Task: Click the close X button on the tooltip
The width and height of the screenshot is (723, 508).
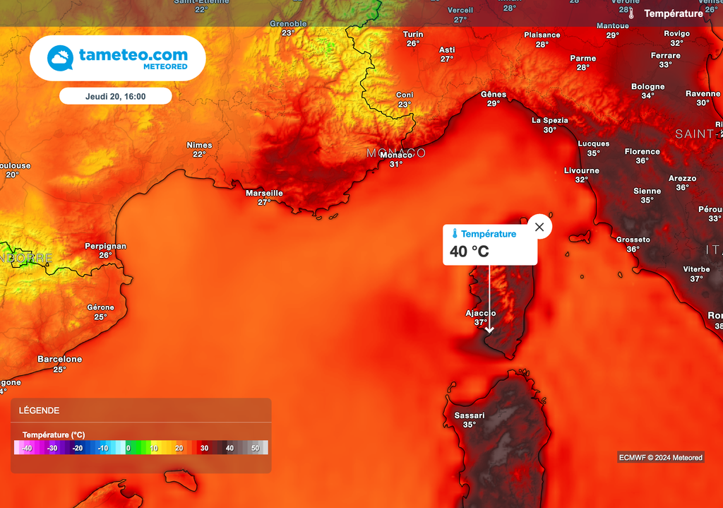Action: tap(539, 227)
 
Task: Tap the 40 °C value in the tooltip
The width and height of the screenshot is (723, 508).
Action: tap(469, 252)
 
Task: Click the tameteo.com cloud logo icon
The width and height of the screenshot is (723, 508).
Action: tap(61, 58)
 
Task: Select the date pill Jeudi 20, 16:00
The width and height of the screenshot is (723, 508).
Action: tap(115, 96)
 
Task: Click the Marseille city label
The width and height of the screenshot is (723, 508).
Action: tap(264, 193)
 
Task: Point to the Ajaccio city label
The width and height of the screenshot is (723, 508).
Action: tap(481, 313)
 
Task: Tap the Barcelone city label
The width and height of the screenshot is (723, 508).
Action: tap(60, 359)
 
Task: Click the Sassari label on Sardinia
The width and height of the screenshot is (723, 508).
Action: tap(470, 415)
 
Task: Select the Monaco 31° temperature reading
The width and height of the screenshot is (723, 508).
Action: tap(396, 164)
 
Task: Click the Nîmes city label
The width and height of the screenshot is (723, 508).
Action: tap(199, 145)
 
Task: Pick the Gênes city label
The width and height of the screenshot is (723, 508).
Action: tap(494, 94)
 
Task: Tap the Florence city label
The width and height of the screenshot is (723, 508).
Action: tap(642, 151)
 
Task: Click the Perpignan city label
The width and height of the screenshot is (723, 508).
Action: tap(105, 246)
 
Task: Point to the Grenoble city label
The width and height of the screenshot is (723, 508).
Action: tap(288, 23)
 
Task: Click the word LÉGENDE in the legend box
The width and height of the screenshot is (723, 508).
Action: tap(40, 410)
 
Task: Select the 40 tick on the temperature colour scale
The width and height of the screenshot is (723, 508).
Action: tap(229, 448)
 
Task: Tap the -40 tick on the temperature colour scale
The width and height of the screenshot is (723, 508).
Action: tap(27, 448)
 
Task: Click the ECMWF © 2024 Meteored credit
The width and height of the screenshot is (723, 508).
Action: tap(660, 457)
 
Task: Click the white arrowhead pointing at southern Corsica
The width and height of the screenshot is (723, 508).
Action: tap(489, 329)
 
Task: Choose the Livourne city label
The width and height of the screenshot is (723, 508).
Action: tap(582, 170)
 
